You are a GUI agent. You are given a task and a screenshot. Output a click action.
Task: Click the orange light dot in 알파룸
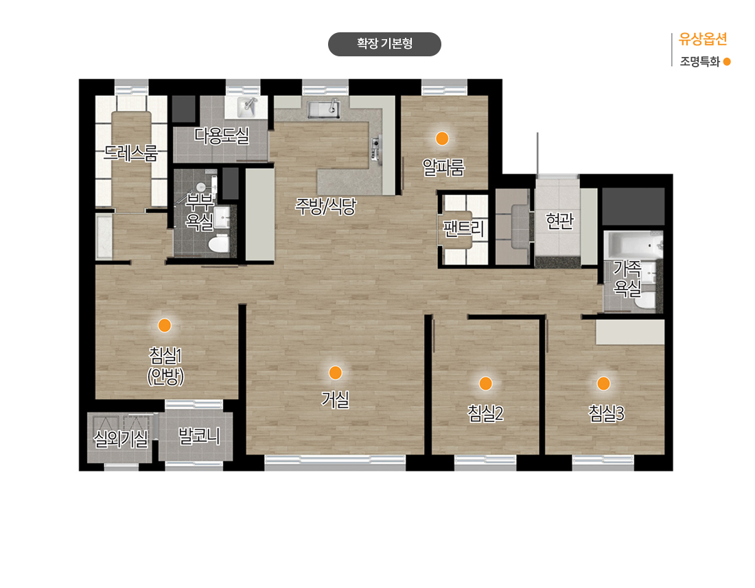tap(442, 138)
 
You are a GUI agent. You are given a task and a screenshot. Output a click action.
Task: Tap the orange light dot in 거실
tap(335, 372)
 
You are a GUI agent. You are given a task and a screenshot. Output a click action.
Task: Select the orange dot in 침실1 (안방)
tap(165, 326)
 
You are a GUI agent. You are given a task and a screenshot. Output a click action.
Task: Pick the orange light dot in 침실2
tap(485, 383)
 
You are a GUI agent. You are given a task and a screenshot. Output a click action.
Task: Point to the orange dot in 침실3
tap(603, 383)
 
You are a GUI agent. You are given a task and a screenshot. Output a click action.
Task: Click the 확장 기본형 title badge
tap(384, 44)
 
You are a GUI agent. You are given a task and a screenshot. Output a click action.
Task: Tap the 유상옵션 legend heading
tap(703, 39)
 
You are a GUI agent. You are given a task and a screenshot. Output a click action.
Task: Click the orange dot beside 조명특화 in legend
tap(727, 62)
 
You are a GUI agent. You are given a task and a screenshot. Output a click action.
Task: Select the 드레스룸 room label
tap(131, 152)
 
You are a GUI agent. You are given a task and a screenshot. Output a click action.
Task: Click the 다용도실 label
tap(222, 135)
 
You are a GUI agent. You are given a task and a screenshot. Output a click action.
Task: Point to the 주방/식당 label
tap(325, 206)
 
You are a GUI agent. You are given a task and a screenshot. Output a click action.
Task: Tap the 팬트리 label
tap(463, 228)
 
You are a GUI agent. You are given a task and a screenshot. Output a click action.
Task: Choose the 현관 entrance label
tap(559, 220)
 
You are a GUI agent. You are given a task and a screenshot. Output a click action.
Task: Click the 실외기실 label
tap(121, 438)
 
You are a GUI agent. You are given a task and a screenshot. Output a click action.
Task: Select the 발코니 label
tap(199, 436)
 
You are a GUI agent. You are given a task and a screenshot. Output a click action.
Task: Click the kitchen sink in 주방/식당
tap(324, 109)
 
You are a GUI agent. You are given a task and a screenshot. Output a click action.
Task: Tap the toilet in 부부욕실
tap(219, 243)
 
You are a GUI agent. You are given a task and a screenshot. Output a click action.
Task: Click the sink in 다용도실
tap(248, 107)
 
